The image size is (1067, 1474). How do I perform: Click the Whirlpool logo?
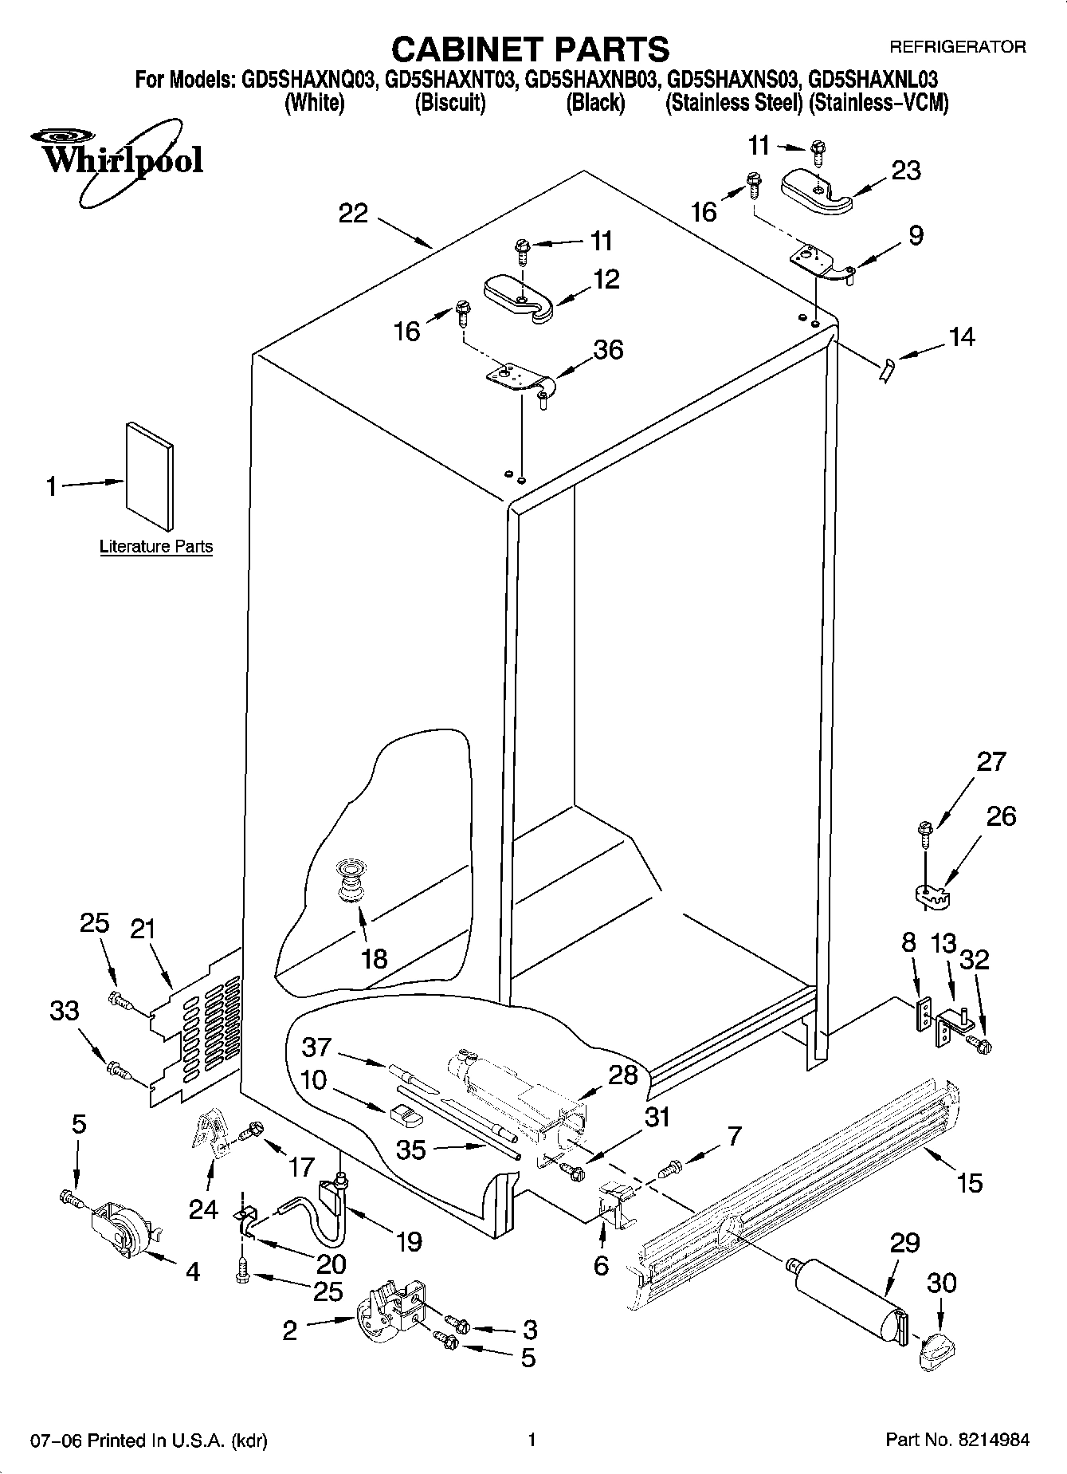[120, 160]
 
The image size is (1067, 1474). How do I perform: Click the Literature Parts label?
[156, 547]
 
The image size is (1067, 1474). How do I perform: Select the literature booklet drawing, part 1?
[150, 476]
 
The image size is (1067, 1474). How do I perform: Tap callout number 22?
[353, 213]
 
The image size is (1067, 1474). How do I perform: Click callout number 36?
[608, 350]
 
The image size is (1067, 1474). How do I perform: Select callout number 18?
[374, 957]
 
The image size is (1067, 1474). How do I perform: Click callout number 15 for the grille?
[970, 1182]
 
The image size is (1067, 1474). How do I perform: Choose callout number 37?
[316, 1046]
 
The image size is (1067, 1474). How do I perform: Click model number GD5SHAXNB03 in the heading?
[587, 80]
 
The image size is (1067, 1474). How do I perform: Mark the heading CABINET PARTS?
[530, 49]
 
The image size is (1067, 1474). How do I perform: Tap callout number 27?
[991, 761]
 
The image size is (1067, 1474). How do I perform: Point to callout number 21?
[143, 929]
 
